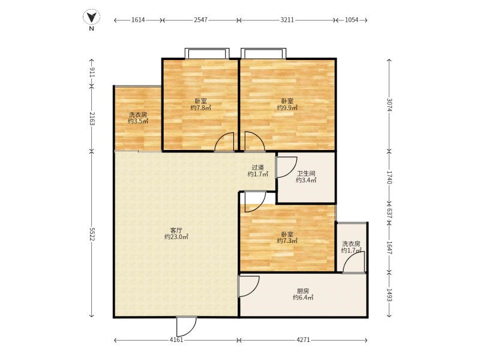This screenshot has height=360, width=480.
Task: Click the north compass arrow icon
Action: (x=92, y=17)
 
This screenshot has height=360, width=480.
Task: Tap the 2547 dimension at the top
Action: (x=200, y=20)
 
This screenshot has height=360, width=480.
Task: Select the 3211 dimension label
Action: (x=287, y=20)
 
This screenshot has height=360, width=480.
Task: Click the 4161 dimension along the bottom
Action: (x=176, y=340)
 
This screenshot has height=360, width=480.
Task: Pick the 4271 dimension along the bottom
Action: (x=304, y=340)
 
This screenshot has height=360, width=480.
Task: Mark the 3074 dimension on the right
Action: (x=389, y=105)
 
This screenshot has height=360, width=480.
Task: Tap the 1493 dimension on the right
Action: (x=389, y=295)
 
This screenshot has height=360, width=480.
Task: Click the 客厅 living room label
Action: (x=176, y=230)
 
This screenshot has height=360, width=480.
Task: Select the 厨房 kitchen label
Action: (x=303, y=291)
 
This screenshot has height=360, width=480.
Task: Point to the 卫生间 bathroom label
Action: (x=306, y=173)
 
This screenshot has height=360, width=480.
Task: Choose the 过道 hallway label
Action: (x=258, y=167)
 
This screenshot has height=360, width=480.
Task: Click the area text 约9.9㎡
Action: (x=287, y=108)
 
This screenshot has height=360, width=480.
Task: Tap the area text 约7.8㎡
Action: (x=201, y=108)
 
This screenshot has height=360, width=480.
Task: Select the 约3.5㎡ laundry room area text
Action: (x=138, y=121)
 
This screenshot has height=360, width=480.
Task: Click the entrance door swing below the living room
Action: (x=186, y=326)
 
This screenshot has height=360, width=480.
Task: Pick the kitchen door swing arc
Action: (x=248, y=286)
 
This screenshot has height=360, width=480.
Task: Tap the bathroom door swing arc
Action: (x=287, y=167)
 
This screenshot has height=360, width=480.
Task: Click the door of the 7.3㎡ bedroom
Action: (x=256, y=202)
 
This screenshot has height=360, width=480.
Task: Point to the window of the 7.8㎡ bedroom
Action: (x=207, y=53)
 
